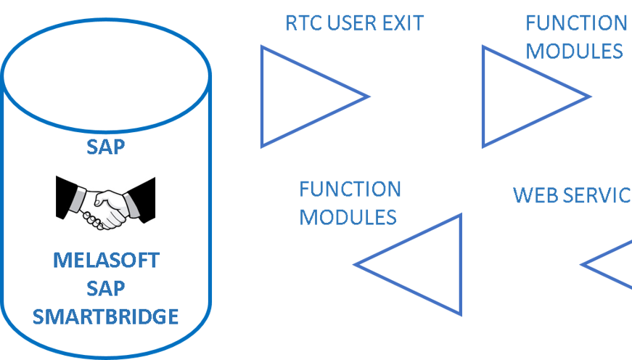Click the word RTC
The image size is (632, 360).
coord(303,23)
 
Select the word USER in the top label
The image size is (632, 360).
coord(350,23)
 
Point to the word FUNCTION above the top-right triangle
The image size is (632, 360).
coord(576,22)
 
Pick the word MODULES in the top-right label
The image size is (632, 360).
coord(575,50)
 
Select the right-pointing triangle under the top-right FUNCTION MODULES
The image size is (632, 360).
coord(525,96)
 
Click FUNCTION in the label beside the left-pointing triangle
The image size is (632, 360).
coord(350,189)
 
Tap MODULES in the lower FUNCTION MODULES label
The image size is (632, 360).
coord(348,217)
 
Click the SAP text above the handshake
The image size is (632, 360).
coord(106,147)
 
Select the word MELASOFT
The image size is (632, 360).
coord(106,260)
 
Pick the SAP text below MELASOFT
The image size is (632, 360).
coord(106,288)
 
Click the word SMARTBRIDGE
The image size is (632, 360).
coord(106,316)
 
